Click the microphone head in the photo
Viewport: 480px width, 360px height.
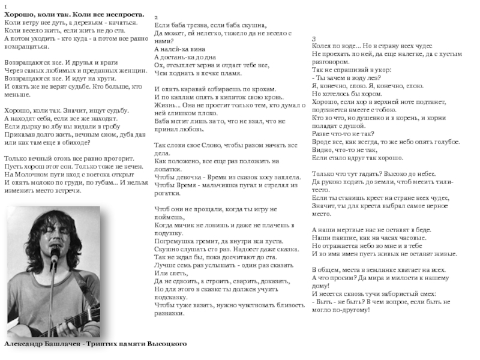tap(53, 254)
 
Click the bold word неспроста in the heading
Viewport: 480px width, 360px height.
tap(120, 13)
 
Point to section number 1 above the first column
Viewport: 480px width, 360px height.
tap(6, 6)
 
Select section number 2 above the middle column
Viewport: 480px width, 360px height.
tap(157, 17)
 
